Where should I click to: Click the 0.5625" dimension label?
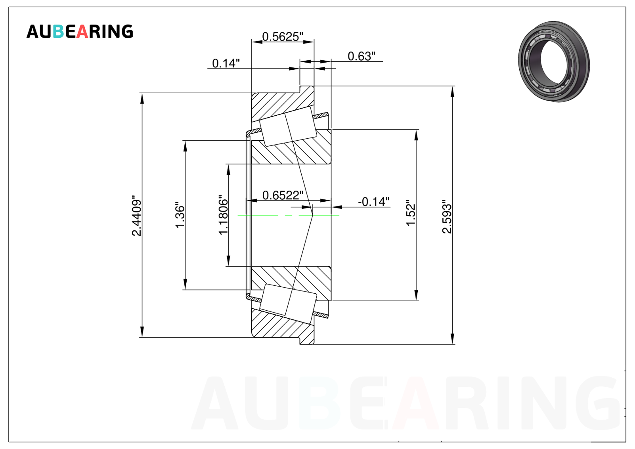click(x=283, y=37)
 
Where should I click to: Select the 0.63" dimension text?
click(x=361, y=56)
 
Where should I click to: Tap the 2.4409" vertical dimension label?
click(x=137, y=216)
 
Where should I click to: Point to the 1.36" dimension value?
click(x=180, y=215)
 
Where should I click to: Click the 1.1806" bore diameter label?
click(x=224, y=215)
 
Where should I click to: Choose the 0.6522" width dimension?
click(x=283, y=195)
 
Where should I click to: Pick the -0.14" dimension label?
click(x=374, y=202)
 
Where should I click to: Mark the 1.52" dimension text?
click(x=411, y=213)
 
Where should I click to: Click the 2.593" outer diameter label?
click(x=447, y=216)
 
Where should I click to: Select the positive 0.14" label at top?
click(x=226, y=63)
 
